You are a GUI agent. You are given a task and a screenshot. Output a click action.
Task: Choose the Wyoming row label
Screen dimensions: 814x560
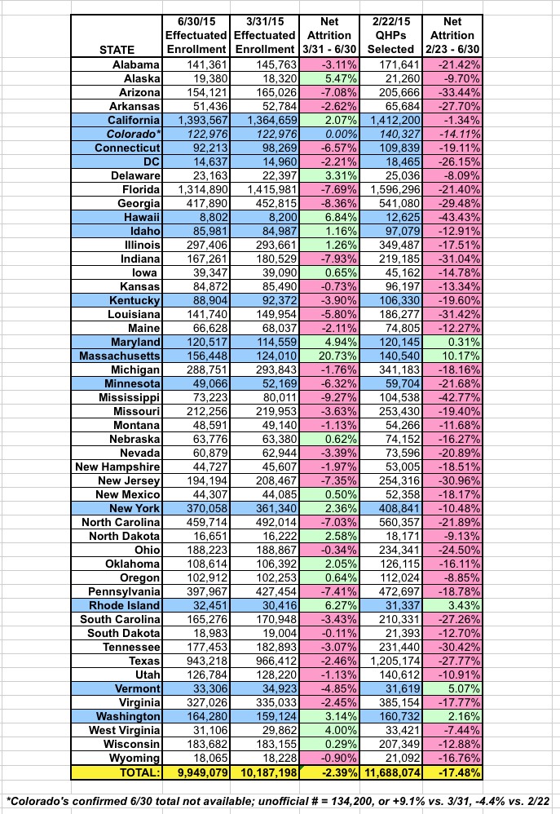(x=131, y=757)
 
